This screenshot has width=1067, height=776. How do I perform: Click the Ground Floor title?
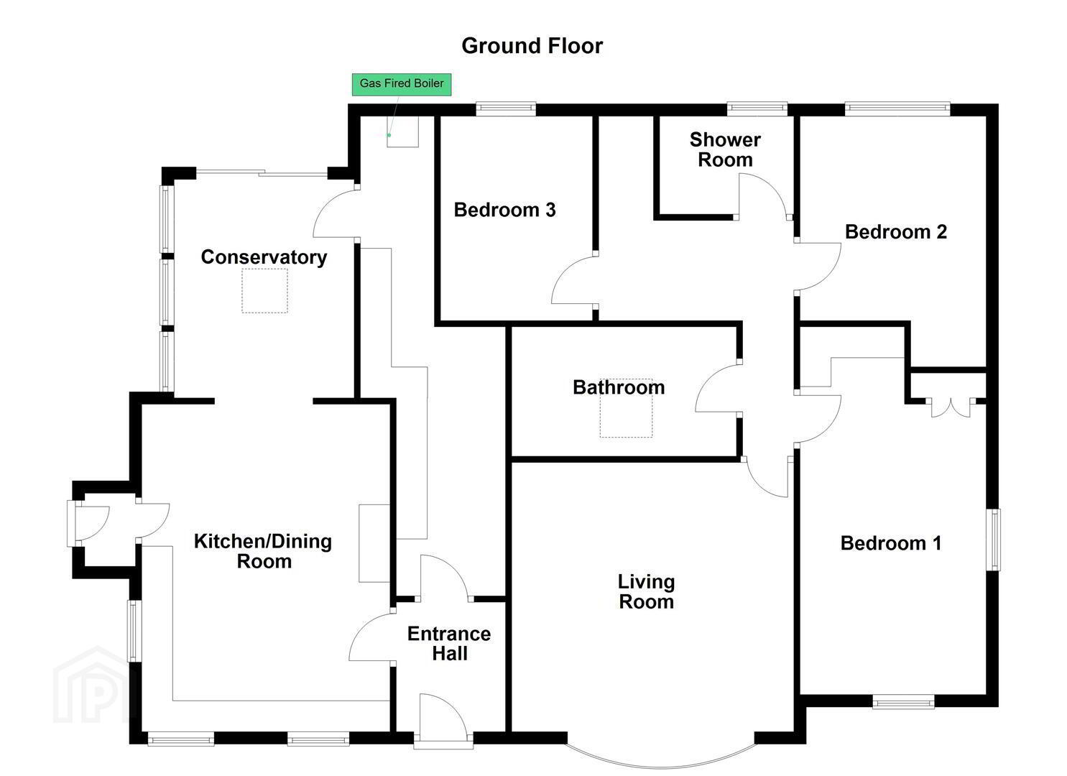click(532, 46)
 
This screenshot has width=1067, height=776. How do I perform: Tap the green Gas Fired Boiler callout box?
click(402, 84)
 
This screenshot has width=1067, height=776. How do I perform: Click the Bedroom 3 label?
click(504, 210)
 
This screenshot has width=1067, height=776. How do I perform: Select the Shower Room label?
click(725, 149)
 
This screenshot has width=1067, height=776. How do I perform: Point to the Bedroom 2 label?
click(895, 232)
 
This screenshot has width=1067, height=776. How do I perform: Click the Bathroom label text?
click(619, 387)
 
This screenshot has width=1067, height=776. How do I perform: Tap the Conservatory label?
click(264, 257)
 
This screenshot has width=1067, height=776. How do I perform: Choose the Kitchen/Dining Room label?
click(263, 551)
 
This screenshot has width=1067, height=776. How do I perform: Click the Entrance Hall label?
click(449, 644)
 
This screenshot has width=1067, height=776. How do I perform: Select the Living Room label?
click(646, 591)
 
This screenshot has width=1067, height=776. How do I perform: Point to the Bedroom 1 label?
click(891, 543)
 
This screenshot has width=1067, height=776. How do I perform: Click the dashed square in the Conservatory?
click(264, 290)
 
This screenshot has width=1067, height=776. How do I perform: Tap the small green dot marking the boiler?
click(389, 135)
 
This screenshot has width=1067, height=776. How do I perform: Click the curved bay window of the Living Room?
click(661, 766)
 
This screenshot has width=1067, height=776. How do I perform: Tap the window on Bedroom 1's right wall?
click(993, 540)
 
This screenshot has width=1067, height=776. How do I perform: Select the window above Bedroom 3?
click(506, 108)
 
